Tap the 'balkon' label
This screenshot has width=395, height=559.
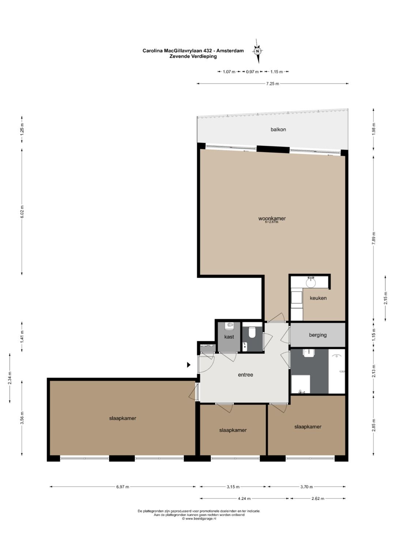(x=278, y=130)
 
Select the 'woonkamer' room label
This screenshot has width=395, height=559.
(x=272, y=218)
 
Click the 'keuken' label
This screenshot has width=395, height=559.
(x=318, y=298)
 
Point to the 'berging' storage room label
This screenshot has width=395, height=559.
(x=318, y=335)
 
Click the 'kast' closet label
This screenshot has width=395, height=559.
(x=229, y=337)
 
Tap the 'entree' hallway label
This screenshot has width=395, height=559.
(x=245, y=374)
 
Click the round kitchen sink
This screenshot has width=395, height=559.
(x=311, y=283)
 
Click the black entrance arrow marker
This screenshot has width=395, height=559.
(x=189, y=365)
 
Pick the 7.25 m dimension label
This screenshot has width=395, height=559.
(x=272, y=83)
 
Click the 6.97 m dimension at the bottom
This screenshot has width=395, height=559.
(x=123, y=487)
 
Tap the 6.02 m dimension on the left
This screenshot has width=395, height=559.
(x=22, y=212)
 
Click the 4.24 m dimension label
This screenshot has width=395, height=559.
(x=244, y=499)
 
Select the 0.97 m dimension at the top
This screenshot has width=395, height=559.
(x=252, y=72)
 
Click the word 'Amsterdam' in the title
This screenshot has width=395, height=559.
(x=230, y=51)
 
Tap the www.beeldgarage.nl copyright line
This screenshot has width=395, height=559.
(x=199, y=518)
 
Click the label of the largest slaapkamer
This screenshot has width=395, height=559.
(x=123, y=418)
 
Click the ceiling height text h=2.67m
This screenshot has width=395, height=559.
(x=272, y=221)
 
